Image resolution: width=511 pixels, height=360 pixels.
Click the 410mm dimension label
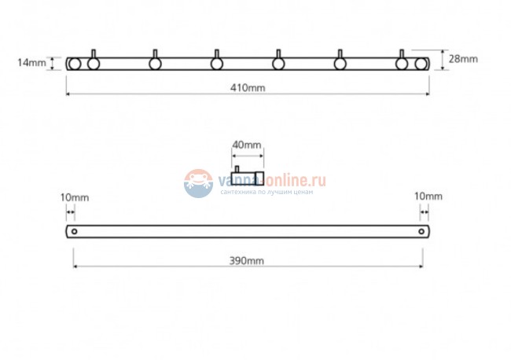coord(248,87)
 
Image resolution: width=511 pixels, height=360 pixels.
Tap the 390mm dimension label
coord(247,261)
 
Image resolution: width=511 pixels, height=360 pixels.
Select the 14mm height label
coord(31,63)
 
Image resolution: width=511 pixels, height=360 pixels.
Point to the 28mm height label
coord(463,59)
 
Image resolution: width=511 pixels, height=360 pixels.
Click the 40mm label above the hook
coord(247,145)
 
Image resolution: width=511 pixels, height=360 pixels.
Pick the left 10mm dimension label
coord(75,197)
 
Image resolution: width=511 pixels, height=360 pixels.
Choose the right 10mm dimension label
coord(428,197)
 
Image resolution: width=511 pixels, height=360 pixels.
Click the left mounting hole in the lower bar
coord(75,231)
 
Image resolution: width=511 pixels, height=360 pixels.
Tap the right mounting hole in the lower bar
coord(421,231)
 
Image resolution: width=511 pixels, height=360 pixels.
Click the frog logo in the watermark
coord(198,183)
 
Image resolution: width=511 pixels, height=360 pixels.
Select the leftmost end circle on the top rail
coord(75,64)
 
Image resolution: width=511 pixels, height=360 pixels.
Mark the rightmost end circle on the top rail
coord(421,64)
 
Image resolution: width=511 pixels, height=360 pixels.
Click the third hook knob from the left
coord(217,64)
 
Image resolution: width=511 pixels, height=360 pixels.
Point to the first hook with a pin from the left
coord(94,60)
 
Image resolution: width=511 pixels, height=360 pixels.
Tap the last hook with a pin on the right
coord(402,60)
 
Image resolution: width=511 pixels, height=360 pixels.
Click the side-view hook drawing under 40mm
coord(248,176)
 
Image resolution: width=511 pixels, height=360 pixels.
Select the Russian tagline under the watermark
coord(267,192)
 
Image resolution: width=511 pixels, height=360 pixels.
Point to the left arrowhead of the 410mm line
coord(68,94)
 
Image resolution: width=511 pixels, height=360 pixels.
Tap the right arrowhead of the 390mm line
coord(421,266)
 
